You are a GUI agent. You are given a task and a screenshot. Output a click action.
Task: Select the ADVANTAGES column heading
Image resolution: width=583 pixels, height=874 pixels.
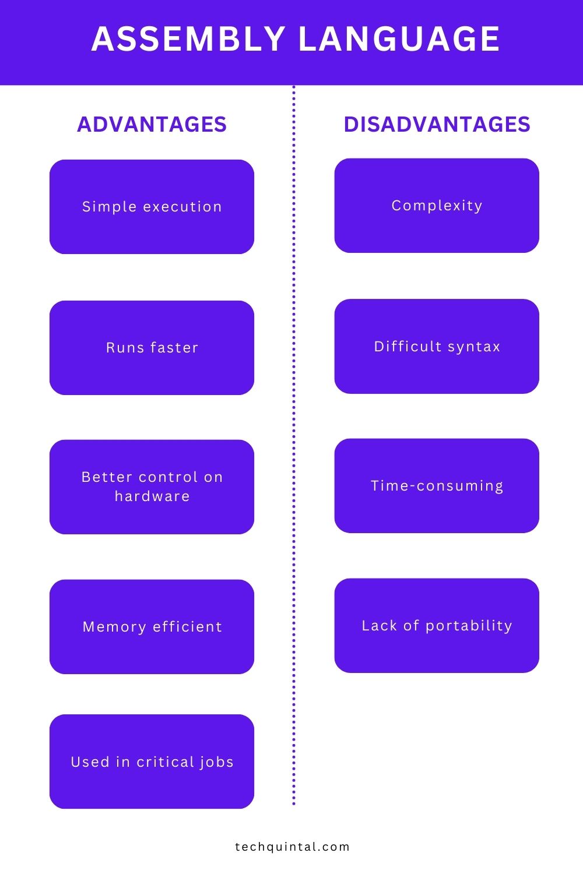[x=152, y=124]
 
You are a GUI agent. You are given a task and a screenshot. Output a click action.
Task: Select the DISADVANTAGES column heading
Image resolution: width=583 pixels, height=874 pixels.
[x=437, y=124]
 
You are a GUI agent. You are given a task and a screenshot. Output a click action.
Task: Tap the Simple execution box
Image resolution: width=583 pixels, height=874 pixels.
[x=152, y=207]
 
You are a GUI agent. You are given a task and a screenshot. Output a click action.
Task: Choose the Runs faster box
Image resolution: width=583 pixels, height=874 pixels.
[x=152, y=348]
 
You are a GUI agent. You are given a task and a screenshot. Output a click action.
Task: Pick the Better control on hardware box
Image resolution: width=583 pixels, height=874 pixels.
[x=152, y=487]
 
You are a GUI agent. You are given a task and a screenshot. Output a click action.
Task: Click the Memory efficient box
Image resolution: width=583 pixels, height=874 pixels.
[x=152, y=626]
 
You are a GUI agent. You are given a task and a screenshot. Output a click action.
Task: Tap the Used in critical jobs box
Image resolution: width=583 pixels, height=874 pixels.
[x=152, y=762]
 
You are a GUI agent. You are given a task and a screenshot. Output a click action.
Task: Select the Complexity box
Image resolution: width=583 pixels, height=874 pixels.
[x=437, y=206]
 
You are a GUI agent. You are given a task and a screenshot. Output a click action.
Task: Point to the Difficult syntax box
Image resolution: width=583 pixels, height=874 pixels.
[x=437, y=347]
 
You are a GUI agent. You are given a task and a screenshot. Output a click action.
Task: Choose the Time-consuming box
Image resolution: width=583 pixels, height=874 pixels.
[x=437, y=485]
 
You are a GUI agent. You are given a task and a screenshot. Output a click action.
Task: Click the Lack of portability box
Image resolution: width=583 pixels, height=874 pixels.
[x=437, y=625]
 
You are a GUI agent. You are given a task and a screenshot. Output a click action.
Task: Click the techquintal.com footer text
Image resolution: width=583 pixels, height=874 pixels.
[x=292, y=847]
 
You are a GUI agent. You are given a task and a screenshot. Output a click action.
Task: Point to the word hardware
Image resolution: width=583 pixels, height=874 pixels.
[x=152, y=496]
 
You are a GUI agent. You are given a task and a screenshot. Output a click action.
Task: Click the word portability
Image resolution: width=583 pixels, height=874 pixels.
[x=469, y=626]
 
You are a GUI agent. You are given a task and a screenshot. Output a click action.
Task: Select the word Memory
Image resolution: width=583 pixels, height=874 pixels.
[x=114, y=627]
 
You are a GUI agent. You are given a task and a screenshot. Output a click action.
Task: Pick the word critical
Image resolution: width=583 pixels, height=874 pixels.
[x=164, y=762]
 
